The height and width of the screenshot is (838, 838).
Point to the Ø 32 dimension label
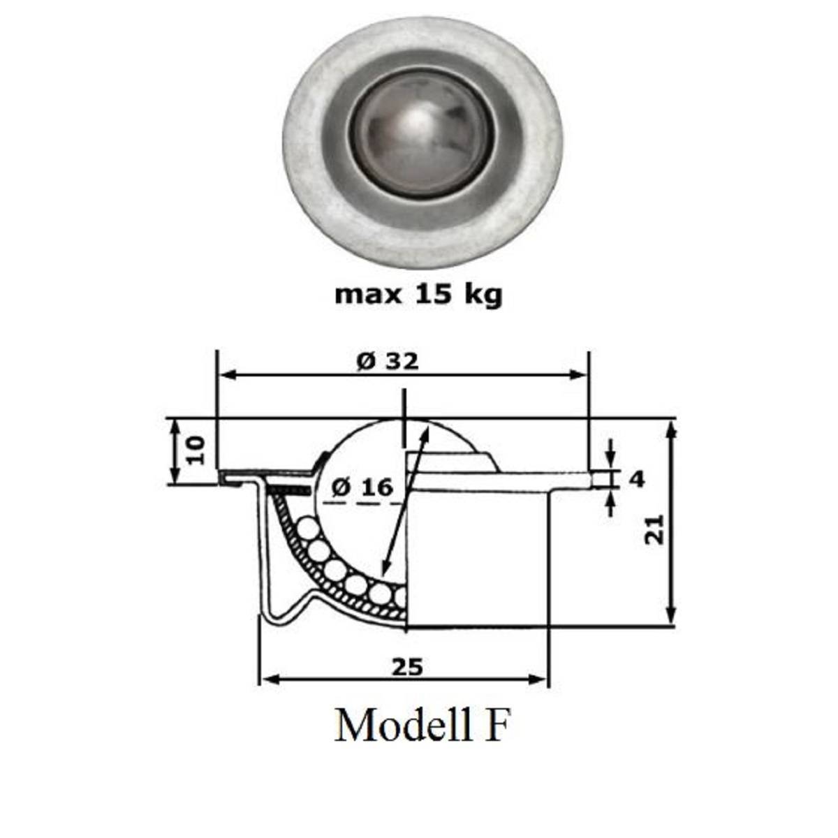(387, 361)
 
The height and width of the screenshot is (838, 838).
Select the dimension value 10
(196, 450)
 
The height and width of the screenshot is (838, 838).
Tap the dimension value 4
(636, 479)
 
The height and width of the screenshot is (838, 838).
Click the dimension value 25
(407, 668)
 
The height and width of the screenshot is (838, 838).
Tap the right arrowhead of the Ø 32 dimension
(580, 375)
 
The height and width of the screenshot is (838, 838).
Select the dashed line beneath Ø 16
(363, 502)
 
